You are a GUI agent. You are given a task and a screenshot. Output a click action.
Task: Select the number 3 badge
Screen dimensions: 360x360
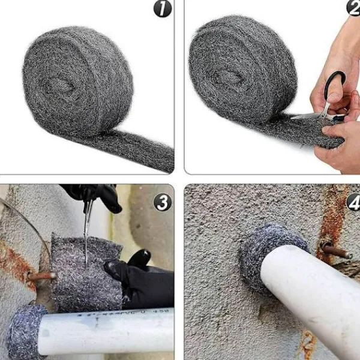pos(162,202)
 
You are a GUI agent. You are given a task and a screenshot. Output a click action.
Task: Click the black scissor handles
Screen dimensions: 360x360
pos(335,87)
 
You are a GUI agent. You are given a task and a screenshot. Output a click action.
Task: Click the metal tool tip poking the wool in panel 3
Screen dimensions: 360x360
pos(86,252)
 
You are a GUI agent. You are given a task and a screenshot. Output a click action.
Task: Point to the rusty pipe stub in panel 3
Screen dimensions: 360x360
pos(41,277)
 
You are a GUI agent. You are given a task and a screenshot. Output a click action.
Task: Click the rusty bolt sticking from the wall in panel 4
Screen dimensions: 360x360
pos(336,251)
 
